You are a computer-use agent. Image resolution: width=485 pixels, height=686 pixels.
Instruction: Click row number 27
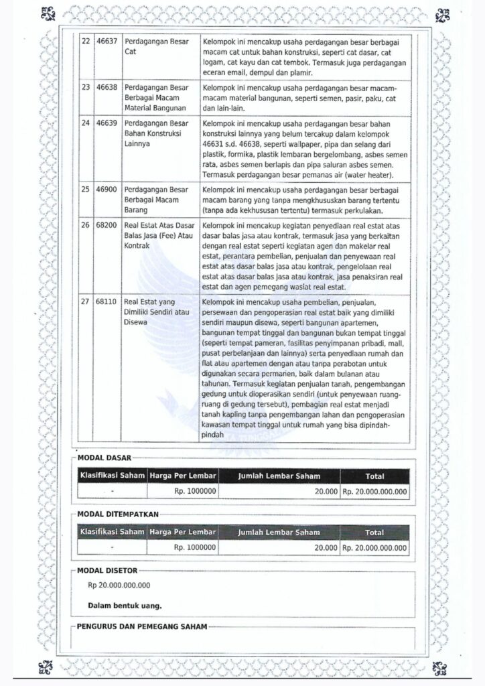[85, 301]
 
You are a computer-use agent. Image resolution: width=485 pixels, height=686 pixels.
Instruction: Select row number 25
[85, 190]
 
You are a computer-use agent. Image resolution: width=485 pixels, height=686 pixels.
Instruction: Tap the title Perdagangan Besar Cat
[156, 46]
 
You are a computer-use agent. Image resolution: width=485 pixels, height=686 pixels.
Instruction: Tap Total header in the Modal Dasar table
[374, 476]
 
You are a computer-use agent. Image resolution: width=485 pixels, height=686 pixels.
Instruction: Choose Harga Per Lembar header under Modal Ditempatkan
[182, 533]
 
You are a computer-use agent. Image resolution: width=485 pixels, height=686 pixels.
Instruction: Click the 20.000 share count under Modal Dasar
[326, 491]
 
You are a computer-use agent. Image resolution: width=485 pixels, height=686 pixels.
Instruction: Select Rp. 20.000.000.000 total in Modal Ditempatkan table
[374, 547]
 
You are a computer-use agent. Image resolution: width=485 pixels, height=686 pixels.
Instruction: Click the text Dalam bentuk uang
[125, 606]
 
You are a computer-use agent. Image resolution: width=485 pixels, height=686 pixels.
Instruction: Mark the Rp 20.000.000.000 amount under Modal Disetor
[119, 585]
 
